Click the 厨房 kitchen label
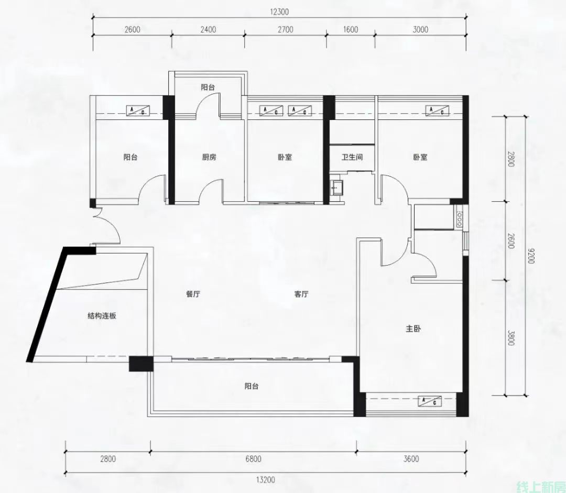209,157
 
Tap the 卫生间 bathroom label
352,157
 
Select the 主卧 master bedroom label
413,329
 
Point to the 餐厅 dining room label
193,294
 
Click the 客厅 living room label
301,294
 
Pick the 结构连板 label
102,316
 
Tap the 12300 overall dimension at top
279,12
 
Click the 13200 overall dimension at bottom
266,480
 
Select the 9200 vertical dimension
530,256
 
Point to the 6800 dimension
254,459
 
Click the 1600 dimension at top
351,29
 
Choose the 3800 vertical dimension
510,338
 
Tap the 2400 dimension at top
208,29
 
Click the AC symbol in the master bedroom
430,401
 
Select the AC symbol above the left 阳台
137,111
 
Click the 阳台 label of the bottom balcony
252,386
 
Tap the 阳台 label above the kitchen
208,87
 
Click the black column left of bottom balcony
141,364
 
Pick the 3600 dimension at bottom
411,459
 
